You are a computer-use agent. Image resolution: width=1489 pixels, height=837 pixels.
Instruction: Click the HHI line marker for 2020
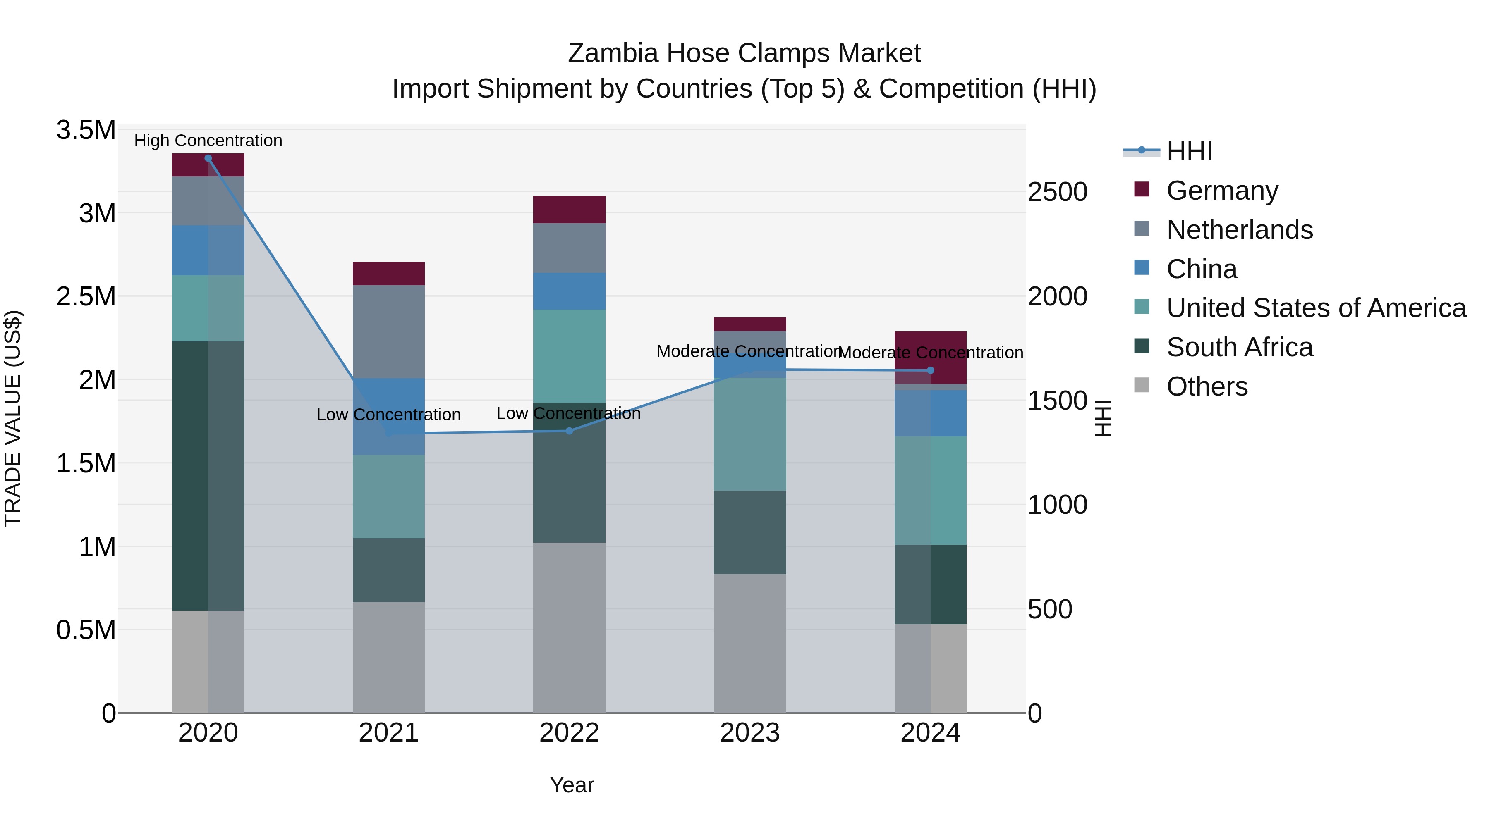[x=208, y=158]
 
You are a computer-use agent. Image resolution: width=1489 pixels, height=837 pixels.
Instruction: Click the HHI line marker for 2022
[x=570, y=431]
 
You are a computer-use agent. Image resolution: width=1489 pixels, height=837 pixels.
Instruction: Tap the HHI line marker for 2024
[x=931, y=371]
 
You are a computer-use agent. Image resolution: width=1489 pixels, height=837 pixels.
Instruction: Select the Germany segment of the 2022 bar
[x=570, y=210]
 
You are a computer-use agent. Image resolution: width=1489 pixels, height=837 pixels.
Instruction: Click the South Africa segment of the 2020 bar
[x=208, y=476]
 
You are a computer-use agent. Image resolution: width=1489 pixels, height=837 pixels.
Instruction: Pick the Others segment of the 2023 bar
[x=750, y=643]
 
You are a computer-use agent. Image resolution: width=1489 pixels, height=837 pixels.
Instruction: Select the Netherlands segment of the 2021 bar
[x=388, y=331]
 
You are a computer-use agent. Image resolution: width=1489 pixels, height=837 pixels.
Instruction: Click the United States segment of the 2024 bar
[x=931, y=490]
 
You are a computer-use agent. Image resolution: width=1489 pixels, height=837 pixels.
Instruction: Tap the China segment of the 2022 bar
[x=570, y=291]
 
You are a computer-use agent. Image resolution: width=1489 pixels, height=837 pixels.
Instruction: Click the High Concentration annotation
[x=208, y=141]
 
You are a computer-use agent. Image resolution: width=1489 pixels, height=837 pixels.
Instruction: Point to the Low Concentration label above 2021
[x=388, y=415]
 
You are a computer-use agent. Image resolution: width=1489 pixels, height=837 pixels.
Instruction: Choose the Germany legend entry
[x=1222, y=191]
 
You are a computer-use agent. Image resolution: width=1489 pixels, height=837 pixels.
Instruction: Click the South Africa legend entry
[x=1239, y=347]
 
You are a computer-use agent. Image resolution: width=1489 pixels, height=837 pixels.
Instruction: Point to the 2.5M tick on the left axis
[x=86, y=296]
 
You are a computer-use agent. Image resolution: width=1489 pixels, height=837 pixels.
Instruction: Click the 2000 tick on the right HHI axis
[x=1057, y=296]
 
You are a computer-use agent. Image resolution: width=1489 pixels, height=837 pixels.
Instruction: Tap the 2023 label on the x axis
[x=750, y=733]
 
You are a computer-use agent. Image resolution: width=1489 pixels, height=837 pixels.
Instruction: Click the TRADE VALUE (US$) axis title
[x=13, y=418]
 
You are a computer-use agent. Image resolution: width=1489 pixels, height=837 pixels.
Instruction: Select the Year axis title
[x=572, y=785]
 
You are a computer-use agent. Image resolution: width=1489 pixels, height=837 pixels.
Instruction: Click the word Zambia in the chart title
[x=613, y=53]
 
